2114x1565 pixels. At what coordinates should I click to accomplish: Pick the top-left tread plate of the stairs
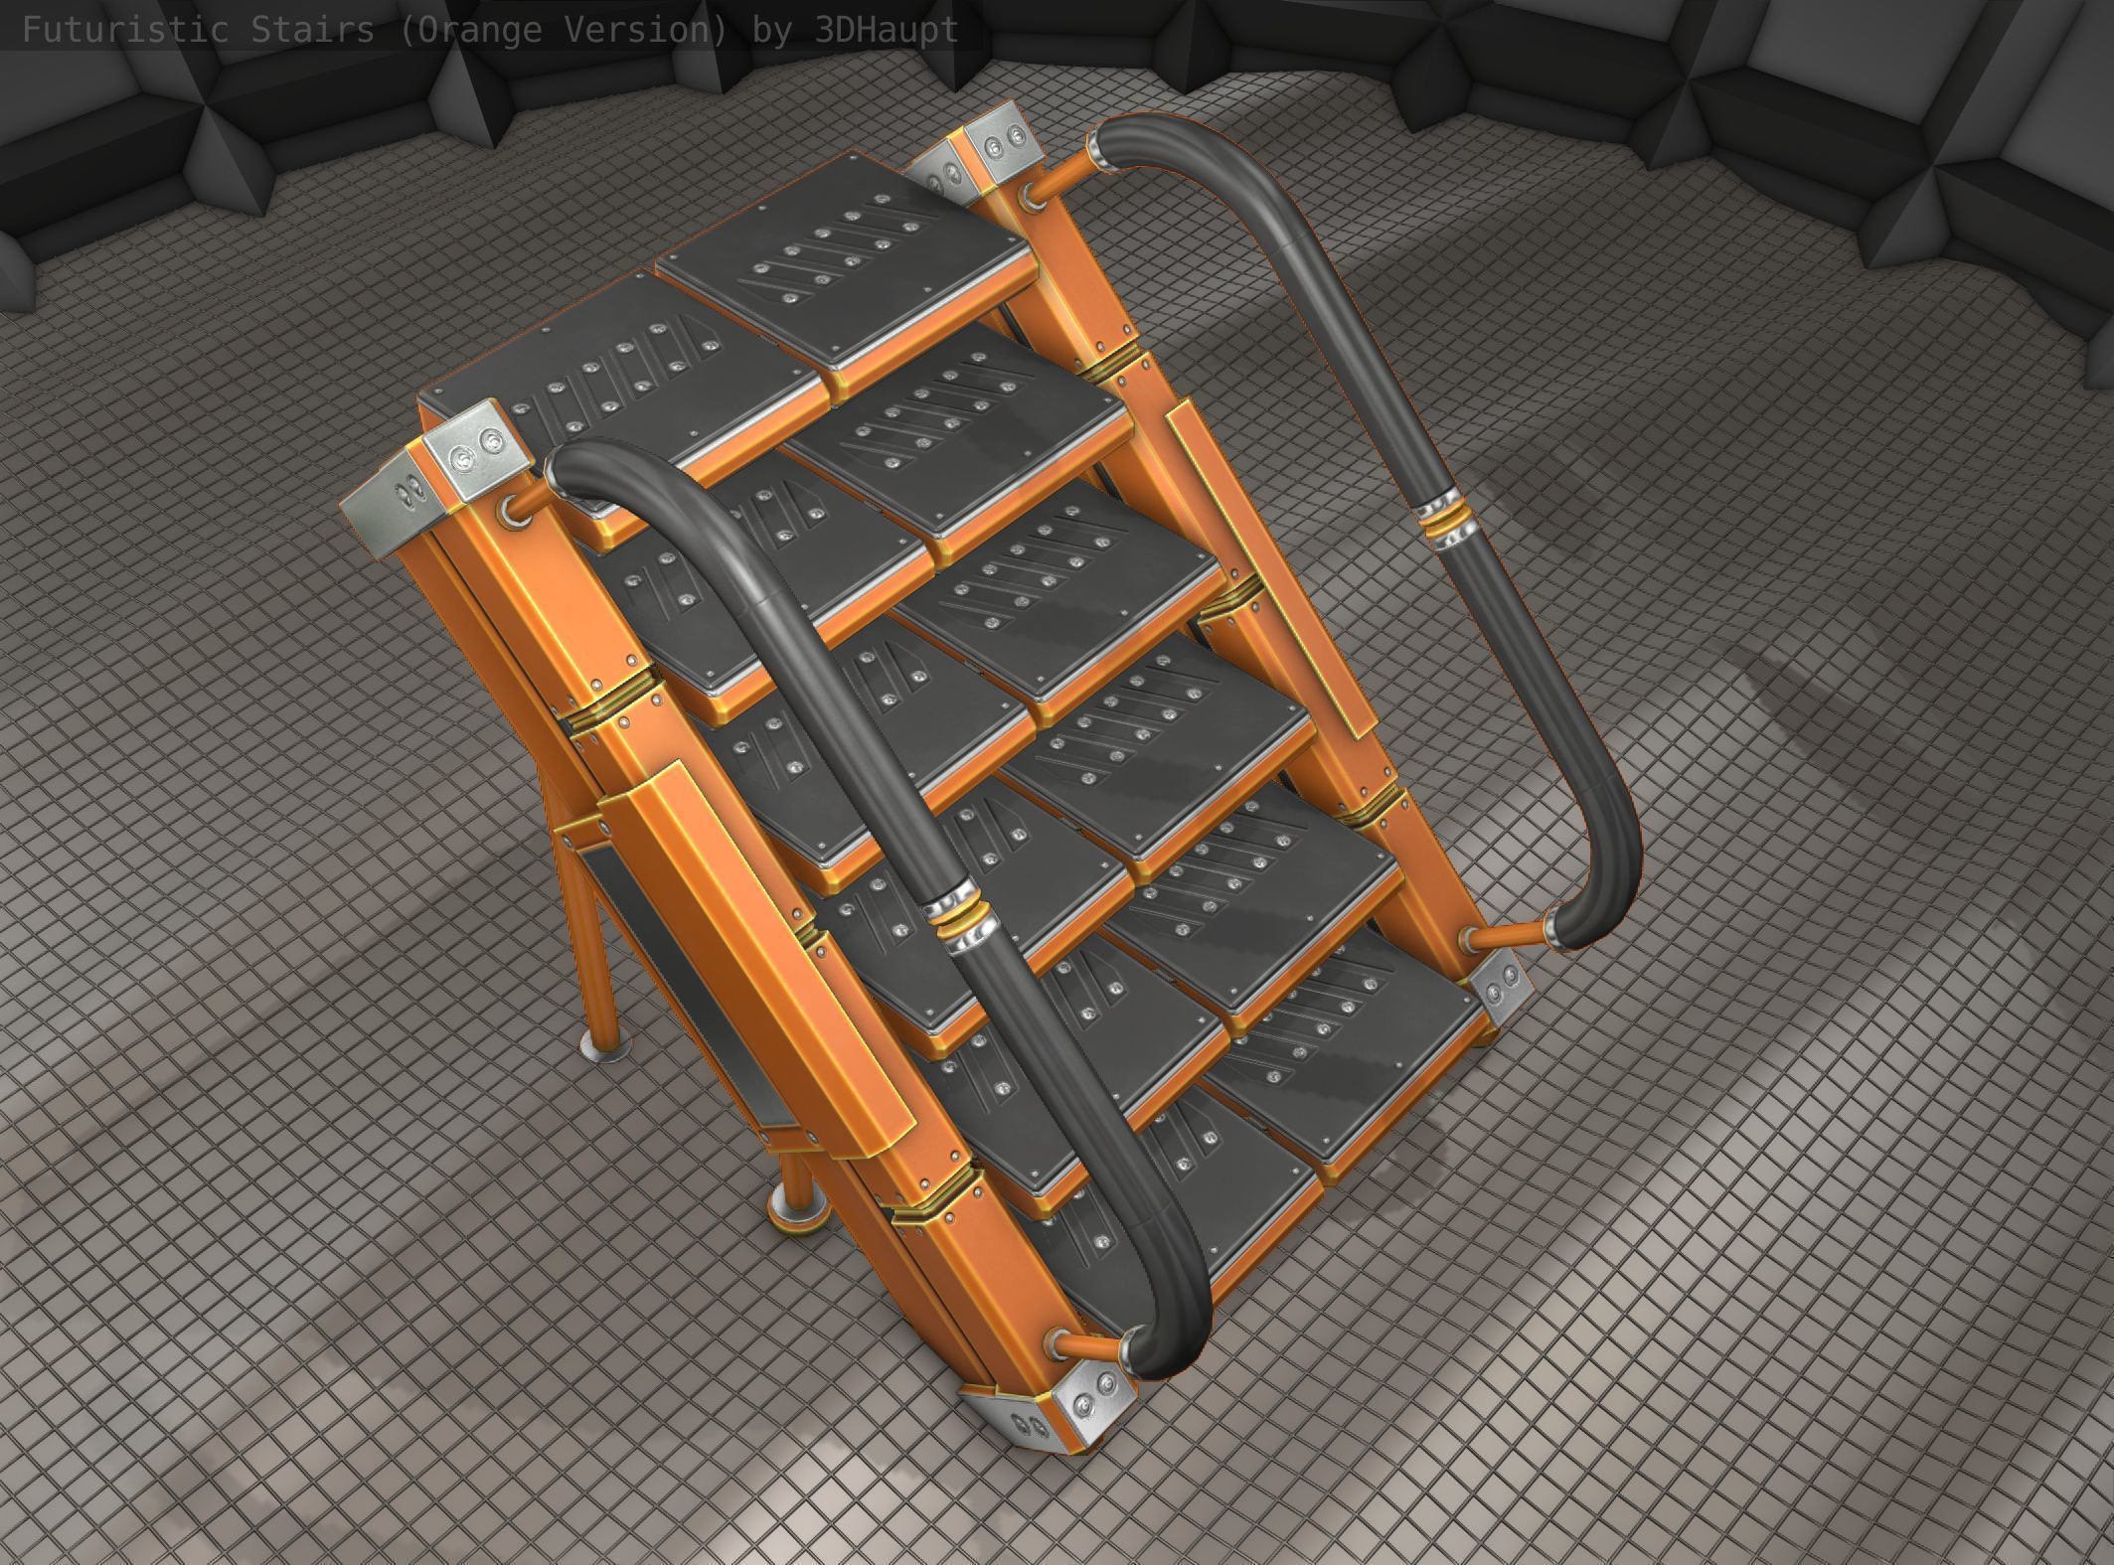(596, 358)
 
